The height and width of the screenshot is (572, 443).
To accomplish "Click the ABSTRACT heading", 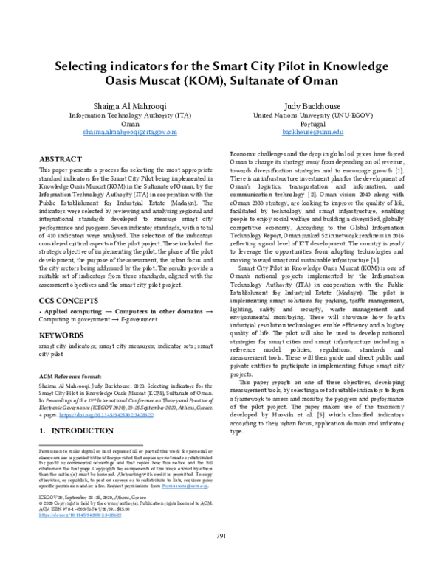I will pos(61,159).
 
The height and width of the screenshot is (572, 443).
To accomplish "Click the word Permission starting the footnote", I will pos(54,450).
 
